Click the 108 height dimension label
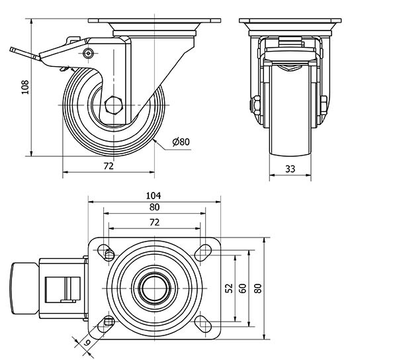click(x=24, y=87)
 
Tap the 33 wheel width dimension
click(x=290, y=168)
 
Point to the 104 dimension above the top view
click(x=154, y=195)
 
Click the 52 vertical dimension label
click(x=229, y=288)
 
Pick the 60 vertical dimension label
click(x=243, y=288)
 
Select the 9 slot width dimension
click(x=87, y=342)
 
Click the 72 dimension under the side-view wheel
click(x=109, y=166)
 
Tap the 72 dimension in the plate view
click(x=154, y=222)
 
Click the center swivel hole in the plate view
click(x=154, y=288)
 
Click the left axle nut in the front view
click(x=254, y=105)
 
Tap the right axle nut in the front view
click(x=324, y=105)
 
